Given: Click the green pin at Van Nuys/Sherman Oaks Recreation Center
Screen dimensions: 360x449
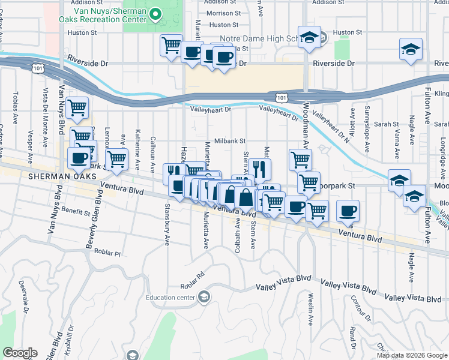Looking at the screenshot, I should [x=155, y=13].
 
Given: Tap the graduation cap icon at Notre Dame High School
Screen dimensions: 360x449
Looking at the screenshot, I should [x=309, y=38].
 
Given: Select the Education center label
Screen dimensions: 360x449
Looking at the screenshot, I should [x=170, y=297].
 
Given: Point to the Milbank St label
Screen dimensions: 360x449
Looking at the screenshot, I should [x=231, y=141].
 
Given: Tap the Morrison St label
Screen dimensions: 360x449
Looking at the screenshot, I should [x=224, y=13].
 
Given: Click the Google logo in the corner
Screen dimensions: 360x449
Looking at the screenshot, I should [x=20, y=353].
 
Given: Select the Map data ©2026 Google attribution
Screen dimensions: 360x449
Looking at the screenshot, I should [x=412, y=355].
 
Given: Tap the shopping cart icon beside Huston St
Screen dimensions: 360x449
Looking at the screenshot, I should [x=171, y=45].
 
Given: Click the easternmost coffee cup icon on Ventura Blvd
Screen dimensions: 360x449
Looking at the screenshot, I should [x=348, y=211].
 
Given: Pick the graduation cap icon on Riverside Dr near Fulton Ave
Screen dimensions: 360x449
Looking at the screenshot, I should [x=411, y=50].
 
